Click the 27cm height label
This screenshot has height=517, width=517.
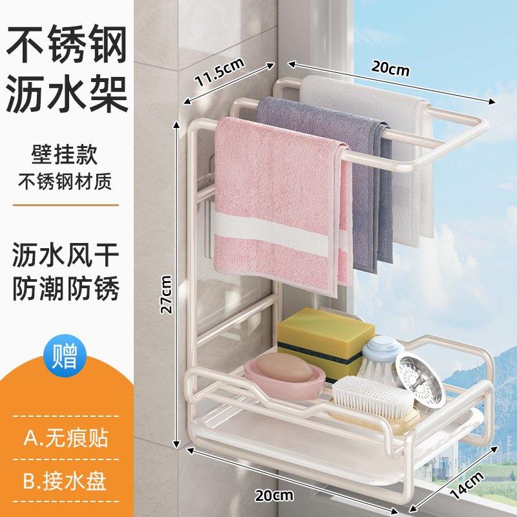[166, 294]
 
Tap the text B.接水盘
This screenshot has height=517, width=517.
[65, 481]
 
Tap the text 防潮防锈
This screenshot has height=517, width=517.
[67, 290]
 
